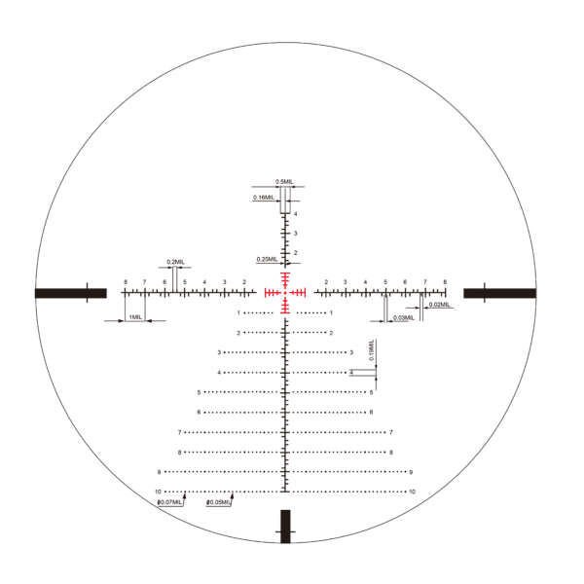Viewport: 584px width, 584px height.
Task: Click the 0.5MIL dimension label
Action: tap(284, 182)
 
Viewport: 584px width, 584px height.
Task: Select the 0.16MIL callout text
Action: tap(263, 198)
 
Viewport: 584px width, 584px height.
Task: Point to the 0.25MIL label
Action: tap(266, 260)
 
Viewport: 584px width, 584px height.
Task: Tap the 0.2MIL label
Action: tap(175, 262)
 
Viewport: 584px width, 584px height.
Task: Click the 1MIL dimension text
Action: tap(134, 317)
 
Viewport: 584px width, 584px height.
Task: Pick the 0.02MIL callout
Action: tap(439, 306)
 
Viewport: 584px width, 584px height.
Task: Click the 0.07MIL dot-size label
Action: tap(170, 502)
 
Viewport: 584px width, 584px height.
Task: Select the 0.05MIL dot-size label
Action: tap(220, 502)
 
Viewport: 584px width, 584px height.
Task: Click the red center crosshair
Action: tap(286, 292)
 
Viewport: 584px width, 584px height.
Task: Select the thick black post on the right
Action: tap(499, 293)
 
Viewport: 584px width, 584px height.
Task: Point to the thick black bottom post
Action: tap(286, 526)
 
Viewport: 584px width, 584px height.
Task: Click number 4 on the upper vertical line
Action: tap(295, 213)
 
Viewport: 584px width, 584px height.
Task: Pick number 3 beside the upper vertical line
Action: tap(295, 234)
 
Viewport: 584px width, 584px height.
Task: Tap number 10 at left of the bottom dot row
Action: tap(157, 492)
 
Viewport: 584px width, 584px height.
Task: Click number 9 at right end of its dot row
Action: tap(411, 472)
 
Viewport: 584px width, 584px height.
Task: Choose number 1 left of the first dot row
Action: tap(238, 312)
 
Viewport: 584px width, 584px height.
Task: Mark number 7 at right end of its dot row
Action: tap(390, 432)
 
